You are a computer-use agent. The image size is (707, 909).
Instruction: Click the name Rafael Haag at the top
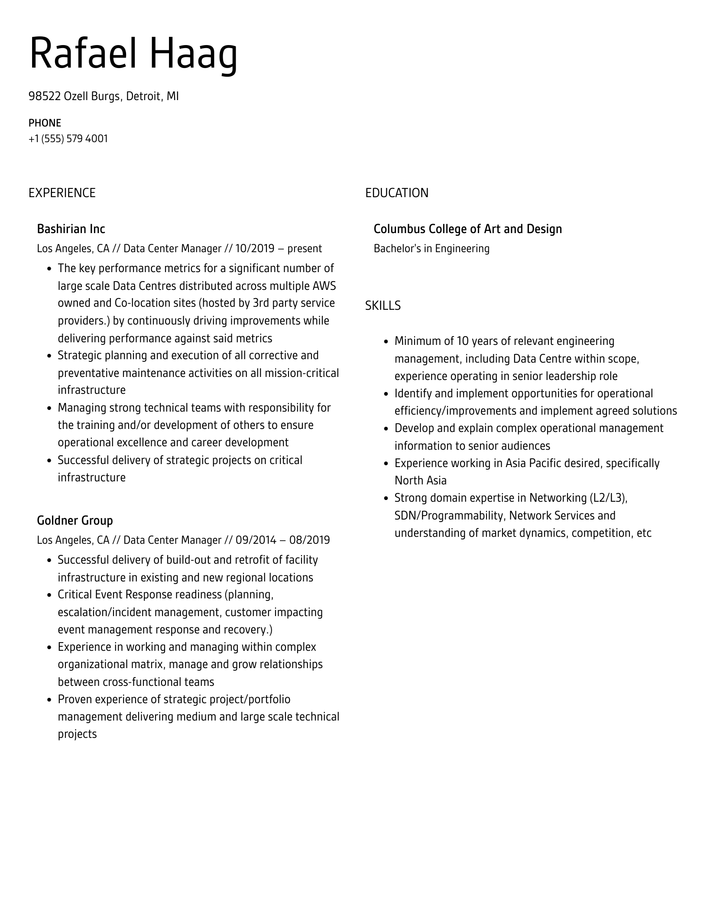point(133,54)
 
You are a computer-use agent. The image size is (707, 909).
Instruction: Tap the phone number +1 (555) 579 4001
point(68,139)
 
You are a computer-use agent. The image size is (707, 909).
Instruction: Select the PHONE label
point(45,123)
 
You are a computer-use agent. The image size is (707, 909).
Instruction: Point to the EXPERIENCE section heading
point(62,193)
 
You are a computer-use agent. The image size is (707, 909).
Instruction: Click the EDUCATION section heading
point(396,193)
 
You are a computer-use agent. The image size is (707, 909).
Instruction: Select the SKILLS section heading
point(383,306)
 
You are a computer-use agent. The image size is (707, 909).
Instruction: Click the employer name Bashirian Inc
point(71,229)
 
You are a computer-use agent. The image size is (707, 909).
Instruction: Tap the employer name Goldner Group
point(75,520)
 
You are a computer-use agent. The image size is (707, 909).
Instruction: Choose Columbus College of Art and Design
point(467,229)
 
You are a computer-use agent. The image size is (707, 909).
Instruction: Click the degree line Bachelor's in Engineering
point(431,249)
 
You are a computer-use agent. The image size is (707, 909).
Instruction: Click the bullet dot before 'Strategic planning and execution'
point(49,356)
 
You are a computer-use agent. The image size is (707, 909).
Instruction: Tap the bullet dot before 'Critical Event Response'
point(49,595)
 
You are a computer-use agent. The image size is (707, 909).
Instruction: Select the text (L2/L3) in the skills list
point(608,498)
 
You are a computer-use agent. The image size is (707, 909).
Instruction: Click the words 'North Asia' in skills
point(420,481)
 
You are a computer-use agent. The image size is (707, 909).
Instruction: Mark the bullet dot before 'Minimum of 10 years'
point(386,342)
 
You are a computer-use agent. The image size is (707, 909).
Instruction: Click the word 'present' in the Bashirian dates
point(305,249)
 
